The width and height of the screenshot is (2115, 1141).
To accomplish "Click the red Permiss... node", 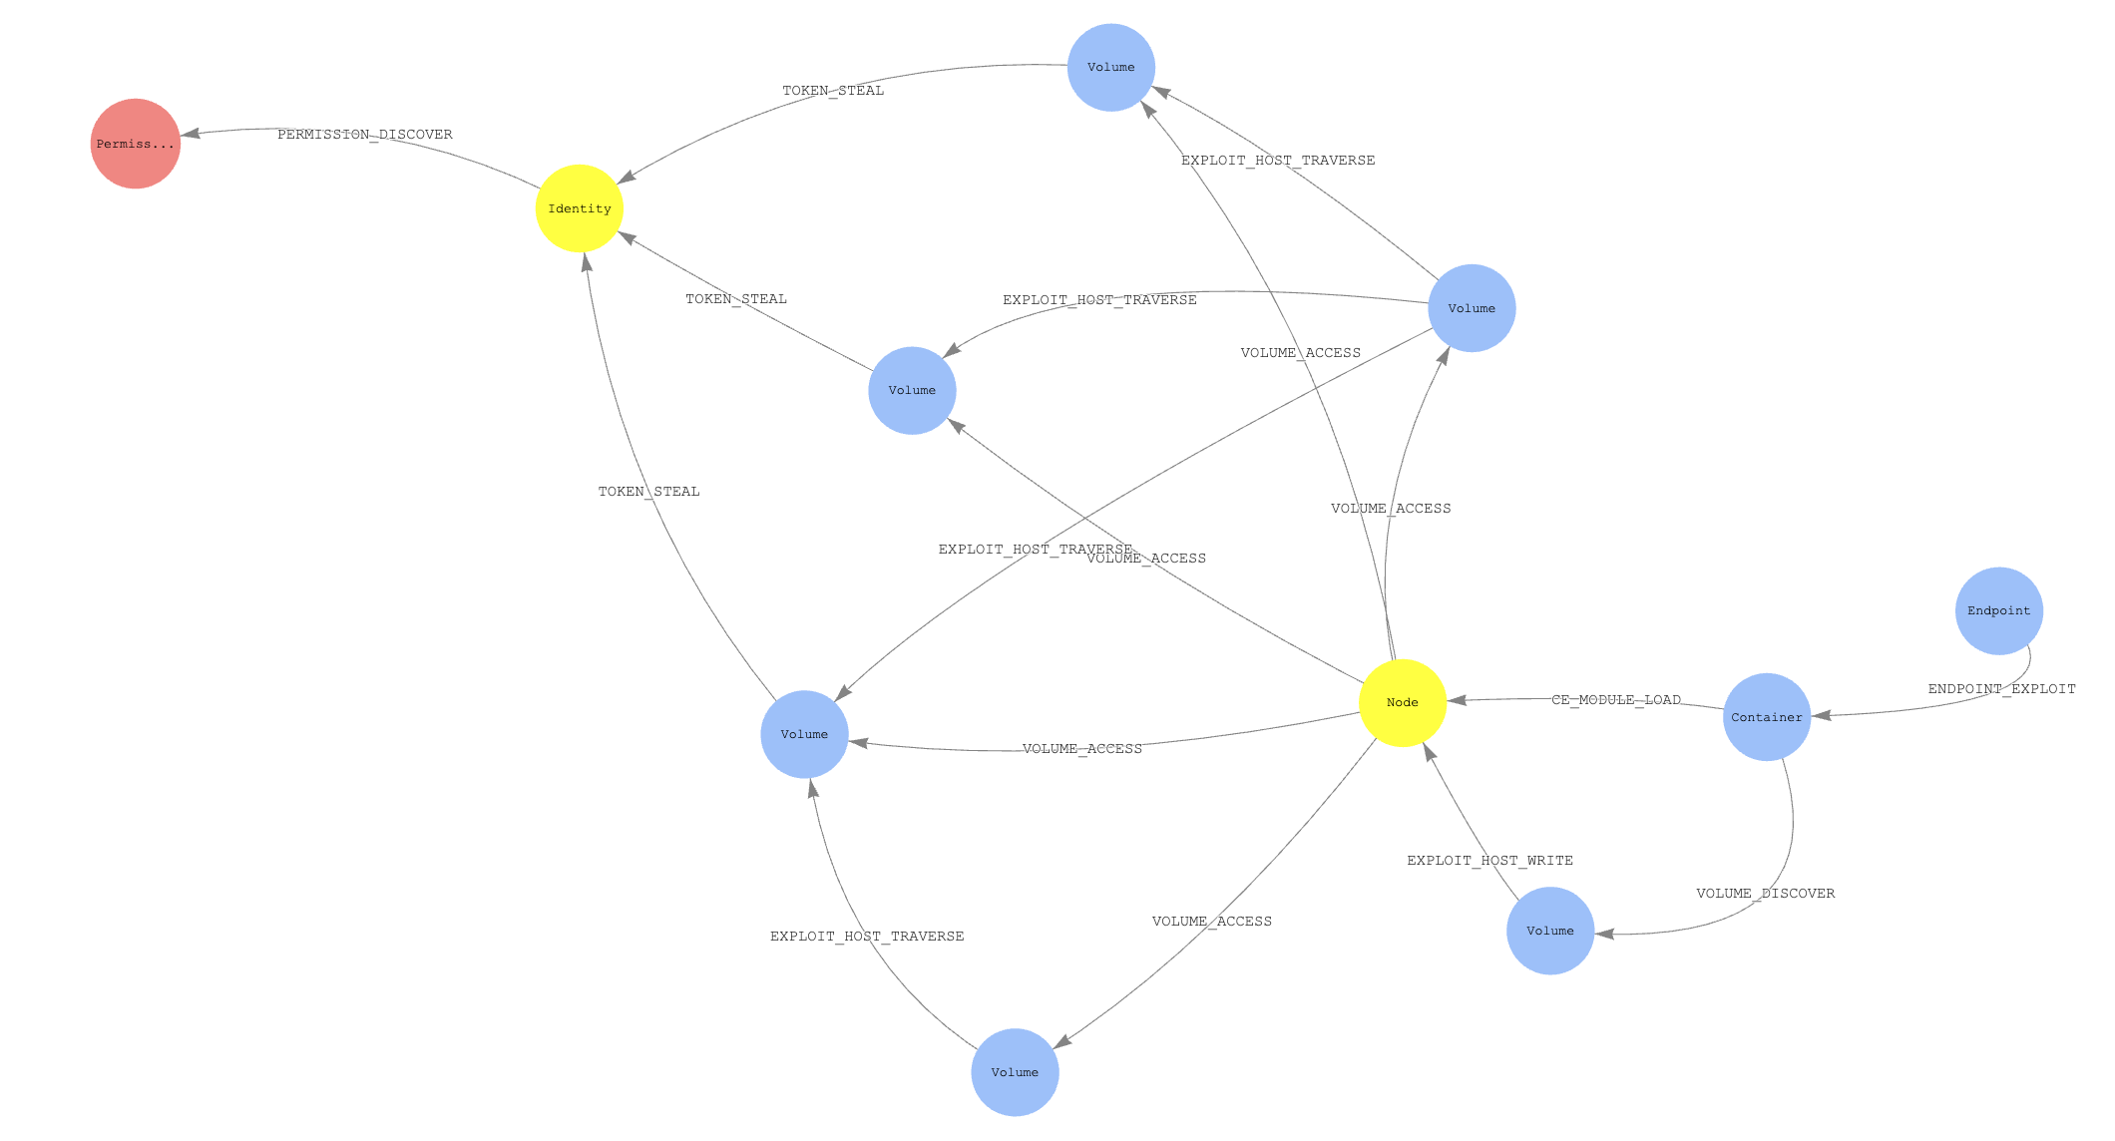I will click(x=136, y=144).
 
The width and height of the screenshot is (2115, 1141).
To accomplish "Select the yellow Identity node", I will click(x=580, y=208).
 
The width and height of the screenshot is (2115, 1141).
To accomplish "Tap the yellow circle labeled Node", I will click(x=1403, y=703).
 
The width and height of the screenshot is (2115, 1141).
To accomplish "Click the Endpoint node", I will click(x=1999, y=611).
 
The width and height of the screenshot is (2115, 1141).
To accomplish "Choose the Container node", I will click(x=1767, y=717).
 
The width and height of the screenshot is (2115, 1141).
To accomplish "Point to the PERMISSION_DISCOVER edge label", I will click(x=364, y=135).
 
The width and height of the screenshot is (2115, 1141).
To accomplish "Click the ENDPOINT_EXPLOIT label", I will click(x=2001, y=689).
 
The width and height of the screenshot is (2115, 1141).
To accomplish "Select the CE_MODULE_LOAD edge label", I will click(x=1616, y=700).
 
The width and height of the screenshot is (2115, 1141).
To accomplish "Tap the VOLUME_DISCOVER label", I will click(x=1765, y=894).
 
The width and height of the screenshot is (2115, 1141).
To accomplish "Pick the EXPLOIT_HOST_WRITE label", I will click(x=1489, y=861).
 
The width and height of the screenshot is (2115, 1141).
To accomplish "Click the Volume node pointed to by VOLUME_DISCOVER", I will click(x=1550, y=931).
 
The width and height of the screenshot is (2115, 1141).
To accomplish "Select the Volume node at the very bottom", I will click(x=1015, y=1072).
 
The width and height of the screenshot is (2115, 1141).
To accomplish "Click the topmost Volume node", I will click(x=1111, y=68).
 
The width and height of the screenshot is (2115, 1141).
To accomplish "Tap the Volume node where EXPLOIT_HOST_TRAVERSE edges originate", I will click(x=1472, y=308).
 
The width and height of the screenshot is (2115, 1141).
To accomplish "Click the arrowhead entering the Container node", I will click(x=1821, y=715).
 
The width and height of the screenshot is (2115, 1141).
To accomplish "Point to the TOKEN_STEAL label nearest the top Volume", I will click(x=833, y=91).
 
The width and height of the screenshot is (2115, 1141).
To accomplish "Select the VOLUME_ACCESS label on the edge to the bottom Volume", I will click(x=1211, y=922).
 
